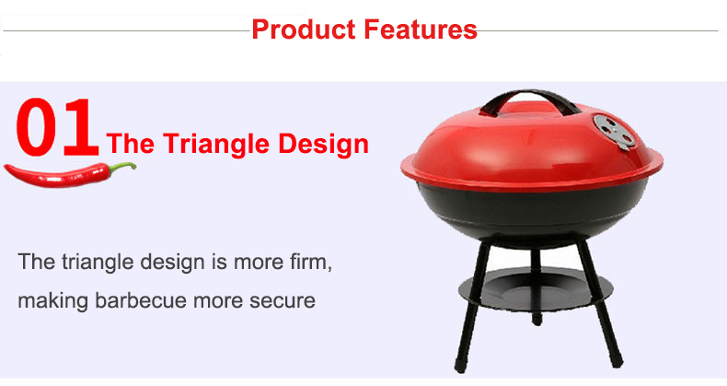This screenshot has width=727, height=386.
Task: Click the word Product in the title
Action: [x=304, y=29]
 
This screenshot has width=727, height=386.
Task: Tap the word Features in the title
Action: [x=421, y=29]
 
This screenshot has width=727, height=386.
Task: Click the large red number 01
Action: [x=57, y=127]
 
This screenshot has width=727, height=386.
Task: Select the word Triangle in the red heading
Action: [x=215, y=144]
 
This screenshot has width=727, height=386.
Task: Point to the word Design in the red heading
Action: [x=323, y=143]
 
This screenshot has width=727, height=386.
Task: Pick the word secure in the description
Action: [x=283, y=300]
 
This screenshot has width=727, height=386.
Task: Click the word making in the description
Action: [x=52, y=301]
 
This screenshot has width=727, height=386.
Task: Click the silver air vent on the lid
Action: [x=614, y=131]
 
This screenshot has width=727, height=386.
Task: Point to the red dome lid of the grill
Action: [x=532, y=148]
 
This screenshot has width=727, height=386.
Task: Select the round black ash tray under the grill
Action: [x=536, y=288]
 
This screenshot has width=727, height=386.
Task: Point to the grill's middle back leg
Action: [x=537, y=287]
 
